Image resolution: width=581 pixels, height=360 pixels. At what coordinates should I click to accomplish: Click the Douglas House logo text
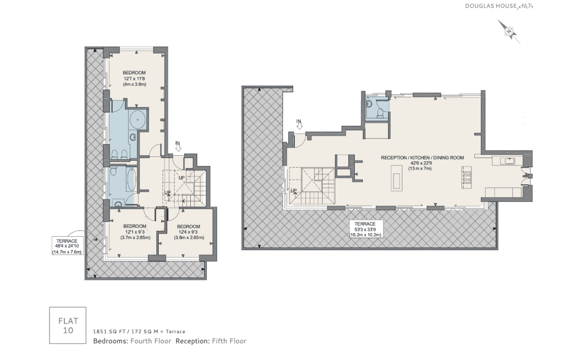click(x=499, y=6)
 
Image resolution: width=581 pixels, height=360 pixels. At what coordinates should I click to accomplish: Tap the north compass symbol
click(x=509, y=32)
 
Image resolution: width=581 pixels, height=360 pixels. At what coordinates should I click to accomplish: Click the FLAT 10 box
click(x=68, y=326)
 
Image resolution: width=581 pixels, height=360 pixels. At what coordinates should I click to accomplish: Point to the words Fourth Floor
click(x=151, y=341)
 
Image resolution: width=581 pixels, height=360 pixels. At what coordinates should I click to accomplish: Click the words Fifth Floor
click(x=229, y=341)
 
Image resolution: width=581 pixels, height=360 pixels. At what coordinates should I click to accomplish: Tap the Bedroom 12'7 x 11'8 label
click(x=135, y=79)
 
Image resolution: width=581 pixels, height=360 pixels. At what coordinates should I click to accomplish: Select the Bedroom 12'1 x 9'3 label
click(x=135, y=232)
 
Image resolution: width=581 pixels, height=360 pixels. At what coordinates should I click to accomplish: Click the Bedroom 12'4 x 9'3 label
click(x=189, y=232)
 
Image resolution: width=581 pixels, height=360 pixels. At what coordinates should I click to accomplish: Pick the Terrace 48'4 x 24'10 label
click(x=67, y=246)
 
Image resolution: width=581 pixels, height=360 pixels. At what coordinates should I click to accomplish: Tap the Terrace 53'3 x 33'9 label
click(x=365, y=229)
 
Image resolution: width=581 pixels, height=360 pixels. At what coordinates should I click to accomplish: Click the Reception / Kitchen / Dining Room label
click(x=422, y=163)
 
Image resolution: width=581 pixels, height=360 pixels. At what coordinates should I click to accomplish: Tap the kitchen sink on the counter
click(x=507, y=161)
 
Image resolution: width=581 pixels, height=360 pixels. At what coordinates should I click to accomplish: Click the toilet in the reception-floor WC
click(x=380, y=114)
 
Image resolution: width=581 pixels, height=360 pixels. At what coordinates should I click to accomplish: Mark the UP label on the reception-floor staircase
click(x=294, y=191)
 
